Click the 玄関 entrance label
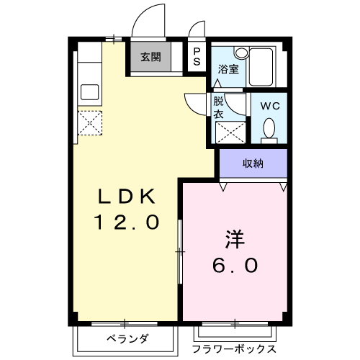150,58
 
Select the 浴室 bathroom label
228,69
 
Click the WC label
269,105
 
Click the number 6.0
234,266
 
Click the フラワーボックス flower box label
234,348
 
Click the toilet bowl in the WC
269,129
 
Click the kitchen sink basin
90,91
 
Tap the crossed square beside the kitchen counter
90,122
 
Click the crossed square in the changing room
228,132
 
